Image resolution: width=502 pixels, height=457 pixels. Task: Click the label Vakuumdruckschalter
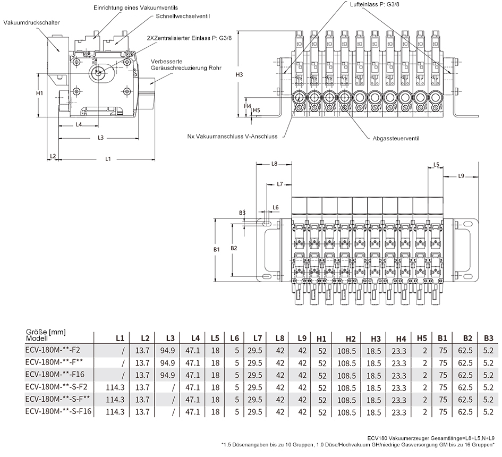pos(31,22)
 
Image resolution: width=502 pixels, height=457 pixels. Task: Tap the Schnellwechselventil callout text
pos(183,16)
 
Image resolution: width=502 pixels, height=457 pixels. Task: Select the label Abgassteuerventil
pos(396,139)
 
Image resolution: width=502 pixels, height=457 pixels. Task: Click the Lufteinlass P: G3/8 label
pos(373,4)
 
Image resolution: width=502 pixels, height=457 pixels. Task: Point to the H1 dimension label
pos(39,93)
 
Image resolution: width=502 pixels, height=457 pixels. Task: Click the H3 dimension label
pos(239,74)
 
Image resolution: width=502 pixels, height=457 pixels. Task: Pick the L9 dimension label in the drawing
pos(461,176)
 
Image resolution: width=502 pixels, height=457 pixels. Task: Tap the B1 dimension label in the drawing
pos(217,249)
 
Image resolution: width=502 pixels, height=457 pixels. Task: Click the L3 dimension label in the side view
pos(100,138)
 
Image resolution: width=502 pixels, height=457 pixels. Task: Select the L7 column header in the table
pos(258,338)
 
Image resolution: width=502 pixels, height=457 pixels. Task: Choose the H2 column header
pos(351,339)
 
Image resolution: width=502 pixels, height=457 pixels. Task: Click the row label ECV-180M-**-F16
pos(55,374)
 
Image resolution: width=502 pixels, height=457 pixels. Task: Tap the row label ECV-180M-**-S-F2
pos(56,386)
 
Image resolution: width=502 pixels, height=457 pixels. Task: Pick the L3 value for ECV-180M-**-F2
pos(167,351)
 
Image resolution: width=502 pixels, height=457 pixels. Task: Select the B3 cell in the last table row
pos(488,412)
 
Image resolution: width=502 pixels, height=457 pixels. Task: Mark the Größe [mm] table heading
pos(46,332)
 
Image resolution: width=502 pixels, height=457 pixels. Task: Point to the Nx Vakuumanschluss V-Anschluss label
pos(232,137)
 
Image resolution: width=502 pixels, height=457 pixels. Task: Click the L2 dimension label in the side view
pos(53,156)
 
